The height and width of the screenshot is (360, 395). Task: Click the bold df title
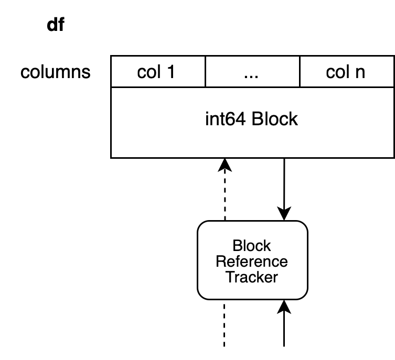pyautogui.click(x=56, y=25)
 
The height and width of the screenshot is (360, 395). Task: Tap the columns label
pyautogui.click(x=56, y=72)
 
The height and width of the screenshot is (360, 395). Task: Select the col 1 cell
pyautogui.click(x=158, y=71)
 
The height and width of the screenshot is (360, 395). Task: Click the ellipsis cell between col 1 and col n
pyautogui.click(x=253, y=71)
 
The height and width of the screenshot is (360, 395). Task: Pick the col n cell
pyautogui.click(x=347, y=71)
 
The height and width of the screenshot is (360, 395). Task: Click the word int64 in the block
pyautogui.click(x=225, y=119)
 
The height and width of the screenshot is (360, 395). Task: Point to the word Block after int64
pyautogui.click(x=274, y=119)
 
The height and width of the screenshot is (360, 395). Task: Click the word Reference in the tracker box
pyautogui.click(x=252, y=261)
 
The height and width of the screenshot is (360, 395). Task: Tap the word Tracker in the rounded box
pyautogui.click(x=252, y=277)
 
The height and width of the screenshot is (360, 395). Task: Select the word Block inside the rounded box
pyautogui.click(x=252, y=246)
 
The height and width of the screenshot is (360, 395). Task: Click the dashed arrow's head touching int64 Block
pyautogui.click(x=225, y=165)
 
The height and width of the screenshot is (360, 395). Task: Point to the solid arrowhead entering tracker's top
pyautogui.click(x=284, y=214)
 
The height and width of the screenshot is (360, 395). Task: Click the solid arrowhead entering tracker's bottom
pyautogui.click(x=284, y=307)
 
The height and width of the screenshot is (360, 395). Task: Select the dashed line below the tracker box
pyautogui.click(x=224, y=325)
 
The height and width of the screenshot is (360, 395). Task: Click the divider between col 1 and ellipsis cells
pyautogui.click(x=206, y=71)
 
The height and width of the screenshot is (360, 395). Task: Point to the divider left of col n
pyautogui.click(x=300, y=71)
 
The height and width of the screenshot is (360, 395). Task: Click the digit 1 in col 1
pyautogui.click(x=171, y=72)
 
